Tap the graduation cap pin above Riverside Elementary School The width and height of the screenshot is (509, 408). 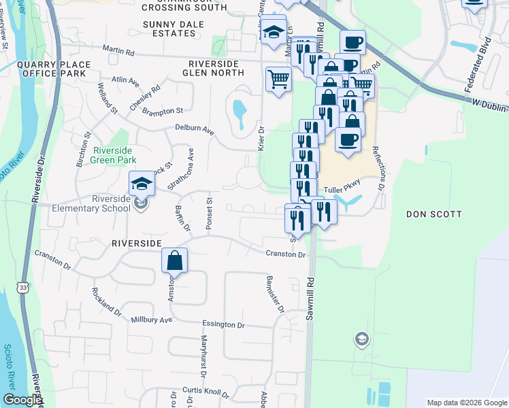click(142, 184)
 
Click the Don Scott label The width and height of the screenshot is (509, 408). click(433, 214)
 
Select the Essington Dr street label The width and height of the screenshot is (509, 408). click(222, 325)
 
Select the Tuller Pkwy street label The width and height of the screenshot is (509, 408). click(340, 190)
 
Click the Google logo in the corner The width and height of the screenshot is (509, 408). click(22, 400)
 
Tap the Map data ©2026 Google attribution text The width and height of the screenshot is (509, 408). click(466, 403)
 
